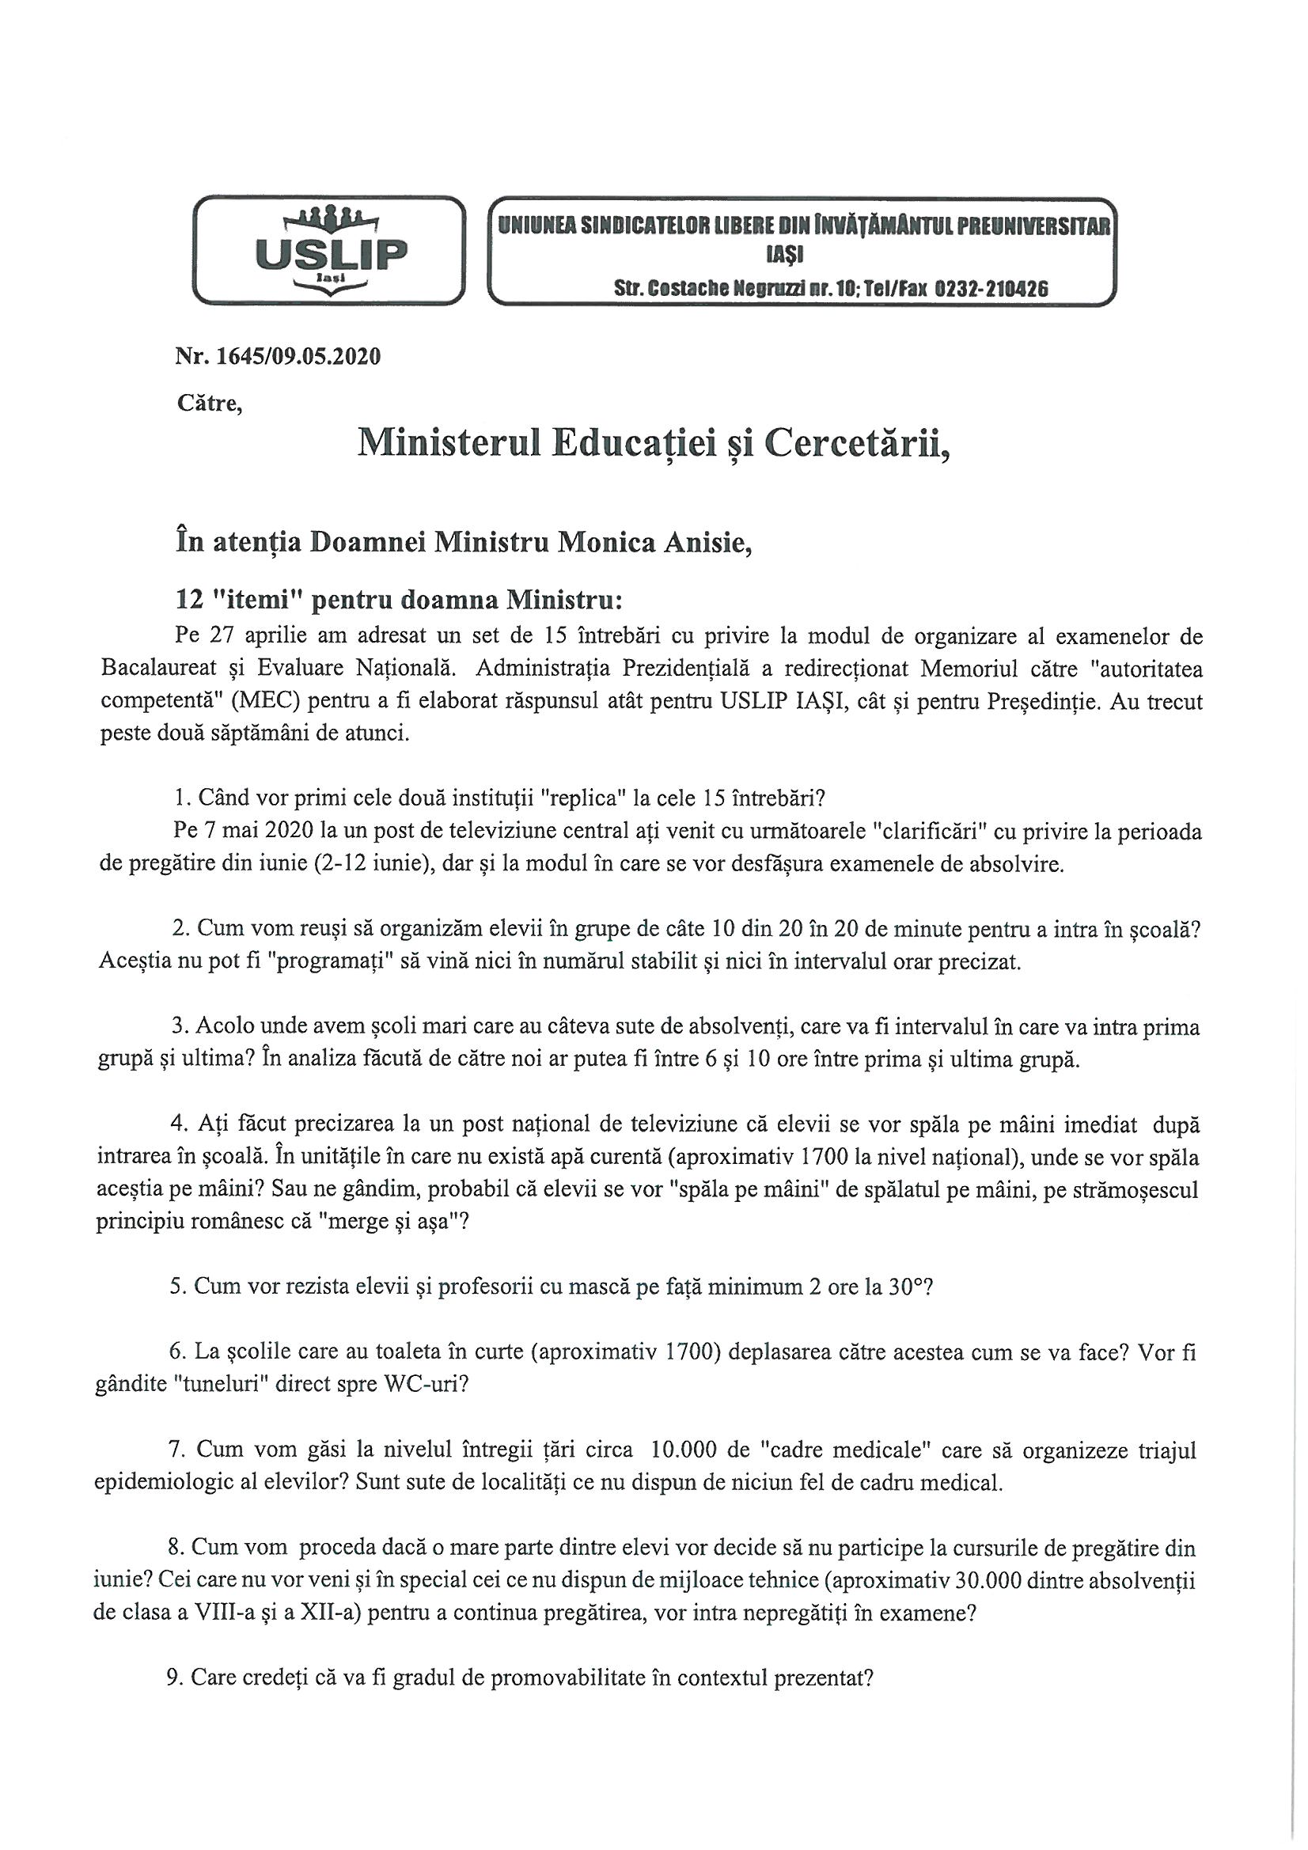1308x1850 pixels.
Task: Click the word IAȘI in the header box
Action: pyautogui.click(x=802, y=256)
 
